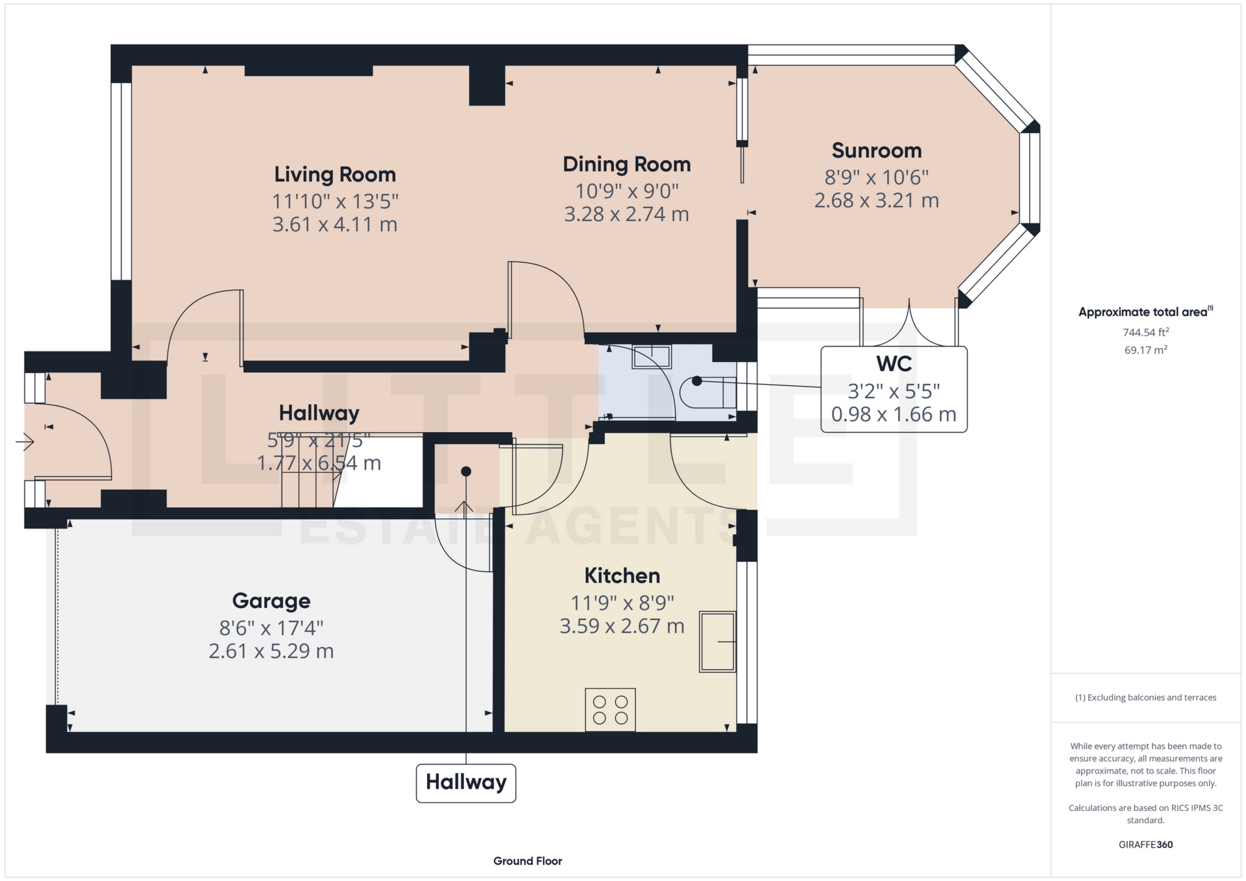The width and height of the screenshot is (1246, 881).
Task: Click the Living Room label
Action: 334,175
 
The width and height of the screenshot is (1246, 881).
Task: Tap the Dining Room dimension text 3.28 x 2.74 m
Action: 626,214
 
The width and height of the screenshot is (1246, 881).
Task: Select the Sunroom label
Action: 876,151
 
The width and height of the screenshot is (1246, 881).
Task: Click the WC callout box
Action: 894,389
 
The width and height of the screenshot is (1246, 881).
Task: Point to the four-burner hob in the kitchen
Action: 610,710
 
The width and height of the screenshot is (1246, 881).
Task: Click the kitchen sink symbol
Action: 717,642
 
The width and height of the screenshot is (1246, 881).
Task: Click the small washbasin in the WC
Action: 652,356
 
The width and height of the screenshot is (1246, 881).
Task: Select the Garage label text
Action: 271,601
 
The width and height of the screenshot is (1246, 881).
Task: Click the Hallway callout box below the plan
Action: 466,783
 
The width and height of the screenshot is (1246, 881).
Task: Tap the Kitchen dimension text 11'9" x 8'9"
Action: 622,603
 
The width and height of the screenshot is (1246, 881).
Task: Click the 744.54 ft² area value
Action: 1145,332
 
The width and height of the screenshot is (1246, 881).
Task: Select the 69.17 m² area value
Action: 1145,350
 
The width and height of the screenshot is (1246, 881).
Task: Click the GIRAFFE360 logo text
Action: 1145,845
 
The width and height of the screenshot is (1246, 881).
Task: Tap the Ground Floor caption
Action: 528,861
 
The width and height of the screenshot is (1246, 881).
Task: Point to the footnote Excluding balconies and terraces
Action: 1145,697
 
